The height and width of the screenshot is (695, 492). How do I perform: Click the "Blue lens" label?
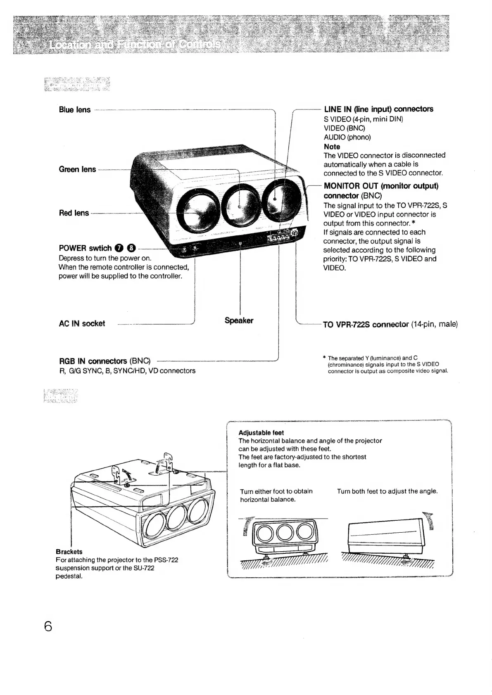(75, 110)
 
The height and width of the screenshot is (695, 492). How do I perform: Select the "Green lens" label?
(77, 169)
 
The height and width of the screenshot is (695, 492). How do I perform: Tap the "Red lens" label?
(74, 213)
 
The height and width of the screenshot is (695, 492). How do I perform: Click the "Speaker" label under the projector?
(239, 320)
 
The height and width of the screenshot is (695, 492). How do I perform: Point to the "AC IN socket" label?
(82, 324)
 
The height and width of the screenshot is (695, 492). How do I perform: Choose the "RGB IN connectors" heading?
(94, 361)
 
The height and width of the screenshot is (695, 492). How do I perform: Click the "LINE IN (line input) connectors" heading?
(378, 109)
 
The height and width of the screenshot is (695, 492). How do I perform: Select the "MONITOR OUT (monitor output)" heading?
(381, 186)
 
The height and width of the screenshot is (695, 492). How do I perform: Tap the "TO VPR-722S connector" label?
(366, 325)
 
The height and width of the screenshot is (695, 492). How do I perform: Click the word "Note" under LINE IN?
(332, 147)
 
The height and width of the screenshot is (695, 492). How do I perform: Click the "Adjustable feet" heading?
(261, 433)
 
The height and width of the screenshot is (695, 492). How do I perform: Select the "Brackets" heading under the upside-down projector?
(69, 552)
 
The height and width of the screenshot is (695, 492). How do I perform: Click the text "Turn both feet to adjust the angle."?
(387, 491)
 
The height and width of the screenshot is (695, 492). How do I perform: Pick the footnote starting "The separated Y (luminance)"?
(387, 364)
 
